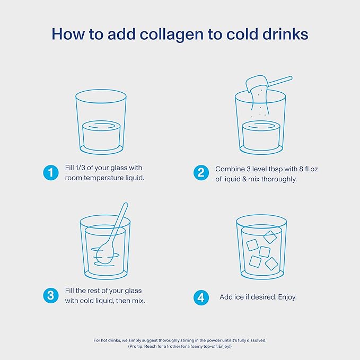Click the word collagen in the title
[172, 34]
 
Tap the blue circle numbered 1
[51, 173]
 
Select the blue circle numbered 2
[201, 173]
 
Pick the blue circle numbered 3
[51, 295]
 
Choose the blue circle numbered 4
[201, 297]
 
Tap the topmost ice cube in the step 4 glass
[270, 237]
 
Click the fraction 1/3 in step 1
[81, 168]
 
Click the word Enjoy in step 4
[287, 297]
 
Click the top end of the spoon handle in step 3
[126, 204]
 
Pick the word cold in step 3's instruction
[85, 301]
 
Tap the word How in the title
[68, 34]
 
